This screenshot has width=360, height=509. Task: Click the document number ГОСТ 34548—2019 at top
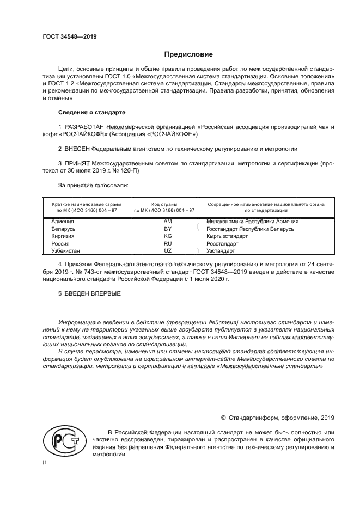click(x=70, y=36)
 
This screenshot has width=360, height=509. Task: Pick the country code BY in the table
click(x=167, y=229)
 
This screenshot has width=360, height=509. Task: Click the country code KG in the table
click(x=167, y=237)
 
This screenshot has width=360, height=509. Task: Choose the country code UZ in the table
click(x=167, y=252)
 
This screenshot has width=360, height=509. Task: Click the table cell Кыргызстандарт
click(x=230, y=237)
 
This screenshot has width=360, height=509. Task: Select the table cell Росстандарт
click(x=226, y=244)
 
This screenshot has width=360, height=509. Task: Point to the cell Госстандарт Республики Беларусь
click(x=250, y=229)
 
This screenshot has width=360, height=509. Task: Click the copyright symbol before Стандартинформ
click(x=223, y=418)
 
